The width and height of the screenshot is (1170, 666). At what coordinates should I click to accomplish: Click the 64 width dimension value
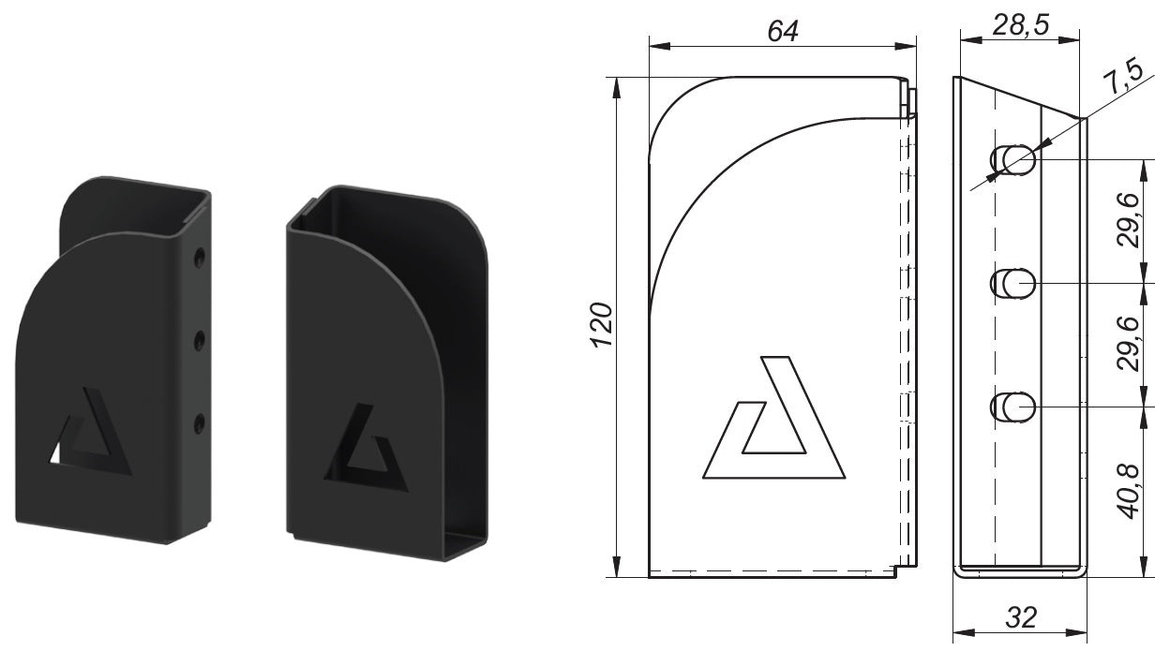tap(782, 30)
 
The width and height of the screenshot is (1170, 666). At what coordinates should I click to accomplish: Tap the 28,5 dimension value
tap(1020, 25)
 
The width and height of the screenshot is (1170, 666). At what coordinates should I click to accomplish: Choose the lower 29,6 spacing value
tap(1130, 345)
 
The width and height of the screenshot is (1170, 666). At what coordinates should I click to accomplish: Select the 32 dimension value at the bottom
tap(1020, 617)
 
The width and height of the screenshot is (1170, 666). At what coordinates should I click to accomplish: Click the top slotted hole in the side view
tap(1013, 160)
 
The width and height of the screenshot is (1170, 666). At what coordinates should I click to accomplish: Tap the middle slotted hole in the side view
tap(1013, 283)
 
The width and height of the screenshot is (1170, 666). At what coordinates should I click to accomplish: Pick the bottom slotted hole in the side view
tap(1013, 407)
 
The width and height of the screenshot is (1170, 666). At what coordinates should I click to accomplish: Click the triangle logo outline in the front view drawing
tap(773, 422)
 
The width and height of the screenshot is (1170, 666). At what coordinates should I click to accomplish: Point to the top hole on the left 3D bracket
tap(199, 256)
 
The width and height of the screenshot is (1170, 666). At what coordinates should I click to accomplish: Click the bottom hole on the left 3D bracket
tap(199, 424)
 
